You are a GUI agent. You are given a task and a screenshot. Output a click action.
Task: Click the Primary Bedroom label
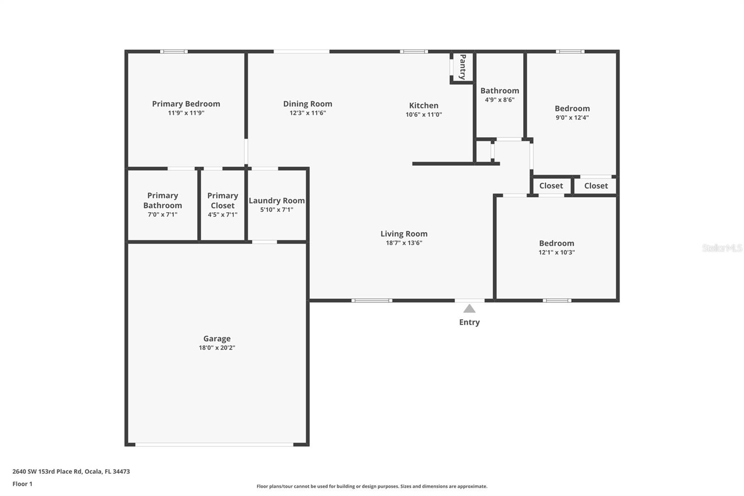[x=186, y=104]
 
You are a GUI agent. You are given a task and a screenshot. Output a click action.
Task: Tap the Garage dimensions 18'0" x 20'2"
[x=217, y=348]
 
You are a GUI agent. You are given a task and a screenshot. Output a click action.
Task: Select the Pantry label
[x=463, y=67]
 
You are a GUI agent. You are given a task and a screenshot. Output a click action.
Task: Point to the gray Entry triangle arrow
[x=469, y=308]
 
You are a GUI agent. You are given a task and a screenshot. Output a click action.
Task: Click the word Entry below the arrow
[x=469, y=322]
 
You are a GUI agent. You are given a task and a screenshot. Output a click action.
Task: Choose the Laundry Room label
[x=277, y=201]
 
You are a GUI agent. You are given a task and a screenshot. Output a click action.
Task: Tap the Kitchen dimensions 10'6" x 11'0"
[x=424, y=114]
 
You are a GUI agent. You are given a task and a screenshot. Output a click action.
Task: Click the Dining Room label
[x=307, y=104]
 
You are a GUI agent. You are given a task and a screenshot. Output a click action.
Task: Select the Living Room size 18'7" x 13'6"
[x=404, y=243]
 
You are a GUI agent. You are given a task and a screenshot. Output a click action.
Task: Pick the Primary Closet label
[x=222, y=201]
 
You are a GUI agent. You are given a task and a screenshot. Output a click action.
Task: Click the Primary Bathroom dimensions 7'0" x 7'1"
[x=162, y=214]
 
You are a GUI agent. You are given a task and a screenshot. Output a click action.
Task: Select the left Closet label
[x=551, y=186]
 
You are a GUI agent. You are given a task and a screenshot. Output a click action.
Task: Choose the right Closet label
[x=596, y=186]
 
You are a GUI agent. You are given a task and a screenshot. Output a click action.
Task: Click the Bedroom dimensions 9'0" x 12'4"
[x=572, y=118]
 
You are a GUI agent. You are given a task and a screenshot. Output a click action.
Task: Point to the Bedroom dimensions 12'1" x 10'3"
[x=557, y=252]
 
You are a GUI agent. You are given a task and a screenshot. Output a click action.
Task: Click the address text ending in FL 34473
[x=71, y=471]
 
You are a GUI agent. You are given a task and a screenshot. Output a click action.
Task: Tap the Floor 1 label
[x=22, y=484]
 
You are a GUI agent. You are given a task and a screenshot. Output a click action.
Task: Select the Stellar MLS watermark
[x=722, y=248]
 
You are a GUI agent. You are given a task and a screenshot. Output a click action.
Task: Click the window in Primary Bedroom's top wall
[x=174, y=52]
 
